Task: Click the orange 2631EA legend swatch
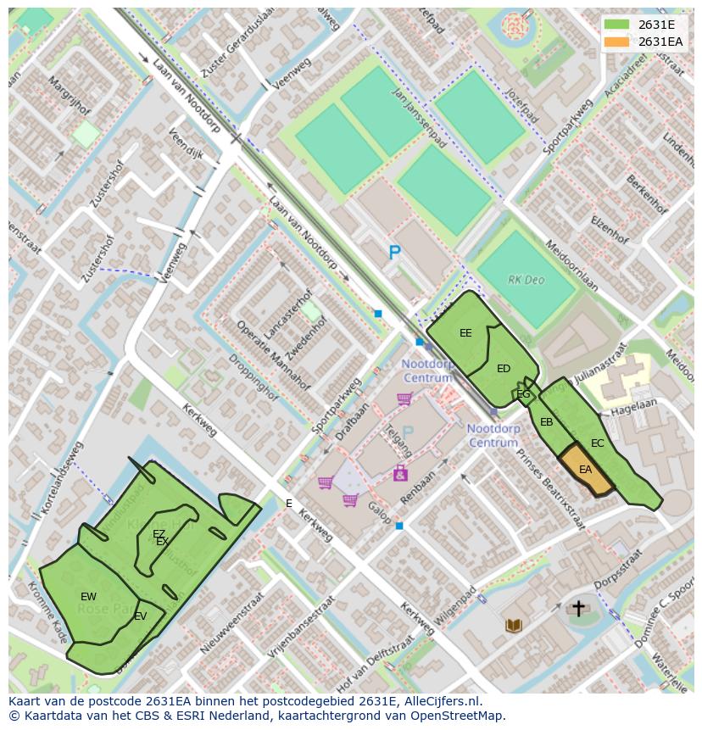tap(617, 42)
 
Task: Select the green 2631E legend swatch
tap(617, 25)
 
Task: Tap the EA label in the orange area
tap(585, 470)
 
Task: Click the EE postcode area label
tap(465, 333)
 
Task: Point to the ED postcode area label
tap(504, 369)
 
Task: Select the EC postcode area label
tap(598, 443)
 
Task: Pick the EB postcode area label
tap(547, 422)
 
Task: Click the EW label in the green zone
tap(88, 597)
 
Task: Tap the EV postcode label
tap(141, 616)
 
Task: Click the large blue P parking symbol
tap(394, 252)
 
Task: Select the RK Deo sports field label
tap(526, 280)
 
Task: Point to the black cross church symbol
tap(579, 608)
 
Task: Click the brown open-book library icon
tap(514, 626)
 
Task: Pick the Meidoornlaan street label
tap(571, 267)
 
